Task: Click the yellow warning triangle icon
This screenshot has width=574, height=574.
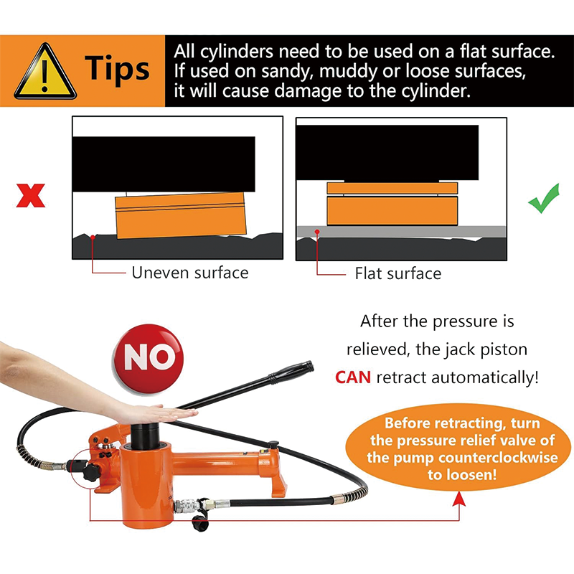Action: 45,73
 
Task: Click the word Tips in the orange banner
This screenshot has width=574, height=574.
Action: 117,68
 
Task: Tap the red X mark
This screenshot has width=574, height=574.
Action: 31,195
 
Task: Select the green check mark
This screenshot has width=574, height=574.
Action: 544,198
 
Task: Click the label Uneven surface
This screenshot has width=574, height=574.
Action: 190,273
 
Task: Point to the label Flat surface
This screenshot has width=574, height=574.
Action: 398,273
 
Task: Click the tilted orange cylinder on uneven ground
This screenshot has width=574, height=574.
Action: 181,215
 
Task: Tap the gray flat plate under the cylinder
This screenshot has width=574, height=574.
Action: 401,232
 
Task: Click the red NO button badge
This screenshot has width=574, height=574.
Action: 149,358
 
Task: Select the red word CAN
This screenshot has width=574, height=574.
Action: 353,377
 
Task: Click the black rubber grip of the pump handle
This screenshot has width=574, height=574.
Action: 291,371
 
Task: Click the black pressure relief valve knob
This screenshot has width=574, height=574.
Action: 90,472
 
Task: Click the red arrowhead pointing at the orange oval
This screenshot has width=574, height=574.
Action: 459,499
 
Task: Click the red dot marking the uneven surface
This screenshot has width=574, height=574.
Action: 93,237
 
